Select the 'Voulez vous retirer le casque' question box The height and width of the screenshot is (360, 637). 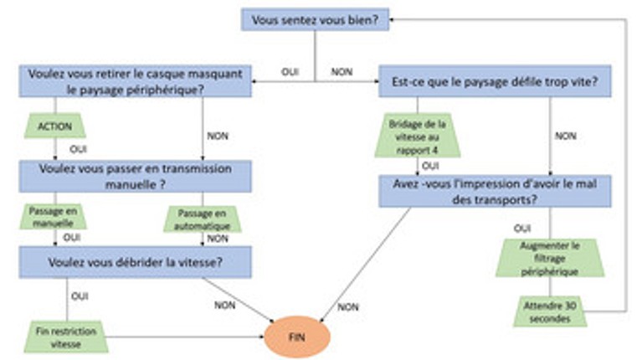pos(133,80)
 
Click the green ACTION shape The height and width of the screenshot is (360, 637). pos(55,126)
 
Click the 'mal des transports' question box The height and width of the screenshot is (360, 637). pos(495,191)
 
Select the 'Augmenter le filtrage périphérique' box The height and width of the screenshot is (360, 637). pos(550,256)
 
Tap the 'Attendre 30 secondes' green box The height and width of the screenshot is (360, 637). pos(550,311)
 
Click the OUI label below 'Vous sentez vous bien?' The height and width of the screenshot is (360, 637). pos(290,72)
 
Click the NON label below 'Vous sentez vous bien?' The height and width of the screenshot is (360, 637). pos(341,72)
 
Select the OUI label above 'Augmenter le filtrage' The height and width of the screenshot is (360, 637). pos(522,228)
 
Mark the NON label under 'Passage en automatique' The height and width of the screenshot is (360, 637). pos(218,239)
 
